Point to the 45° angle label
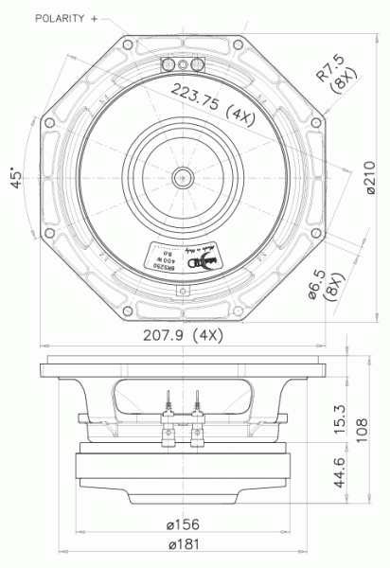16,180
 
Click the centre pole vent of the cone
180,176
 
